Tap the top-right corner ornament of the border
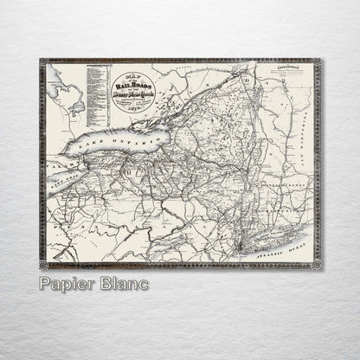tap(318, 62)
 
